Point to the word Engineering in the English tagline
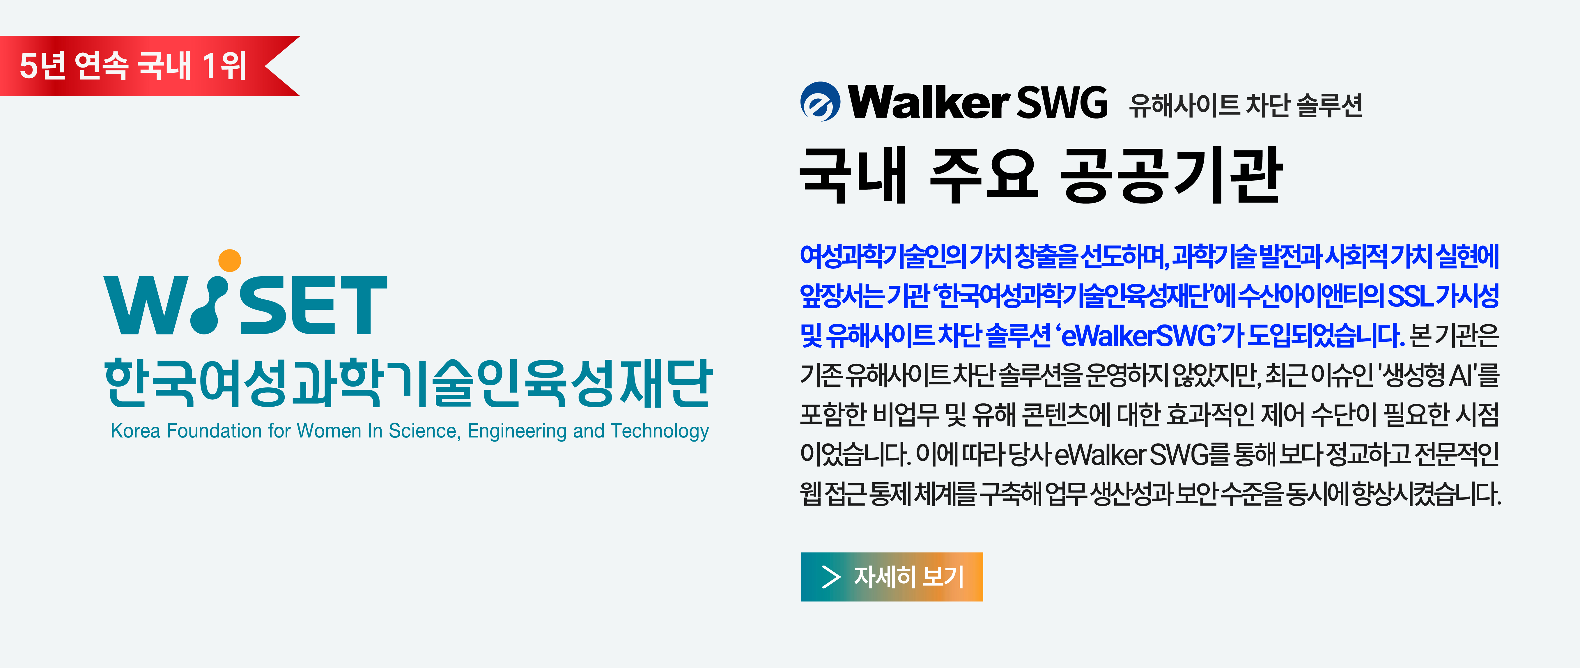[516, 431]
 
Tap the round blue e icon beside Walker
[820, 102]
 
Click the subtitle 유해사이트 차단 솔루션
[1246, 105]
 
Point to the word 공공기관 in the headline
[1172, 176]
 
